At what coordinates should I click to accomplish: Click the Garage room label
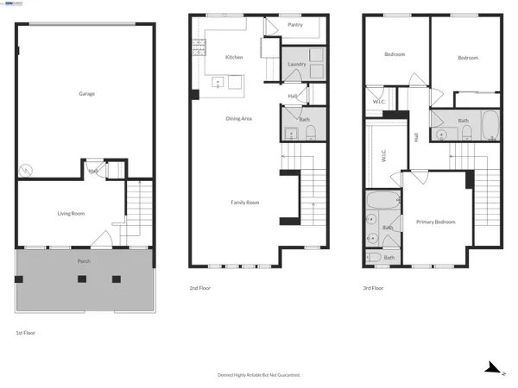click(x=86, y=93)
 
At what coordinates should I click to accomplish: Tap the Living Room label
click(x=70, y=212)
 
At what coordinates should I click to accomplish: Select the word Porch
click(x=85, y=260)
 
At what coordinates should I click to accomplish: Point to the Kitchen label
click(x=234, y=57)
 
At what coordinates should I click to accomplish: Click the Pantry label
click(x=294, y=26)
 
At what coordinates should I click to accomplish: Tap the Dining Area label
click(x=239, y=118)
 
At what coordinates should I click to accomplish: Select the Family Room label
click(x=245, y=203)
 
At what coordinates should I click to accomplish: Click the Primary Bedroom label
click(x=436, y=222)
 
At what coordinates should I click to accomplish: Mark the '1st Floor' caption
click(x=26, y=332)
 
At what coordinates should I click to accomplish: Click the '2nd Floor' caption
click(x=199, y=289)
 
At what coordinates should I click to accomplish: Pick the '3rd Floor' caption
click(x=373, y=289)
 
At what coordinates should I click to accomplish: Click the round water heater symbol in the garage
click(x=25, y=170)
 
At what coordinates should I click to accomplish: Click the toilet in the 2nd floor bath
click(x=311, y=131)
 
